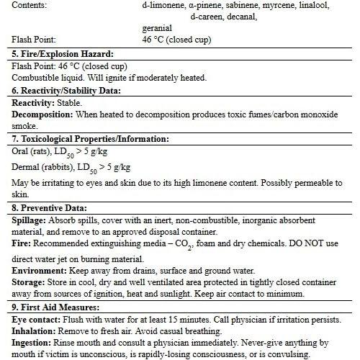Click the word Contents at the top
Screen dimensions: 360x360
[x=30, y=5]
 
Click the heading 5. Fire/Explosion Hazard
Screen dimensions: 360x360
[x=63, y=53]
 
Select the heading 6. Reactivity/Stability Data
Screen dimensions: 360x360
[x=66, y=91]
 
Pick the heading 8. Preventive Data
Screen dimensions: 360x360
[x=50, y=207]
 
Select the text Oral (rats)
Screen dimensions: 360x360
[x=33, y=151]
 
